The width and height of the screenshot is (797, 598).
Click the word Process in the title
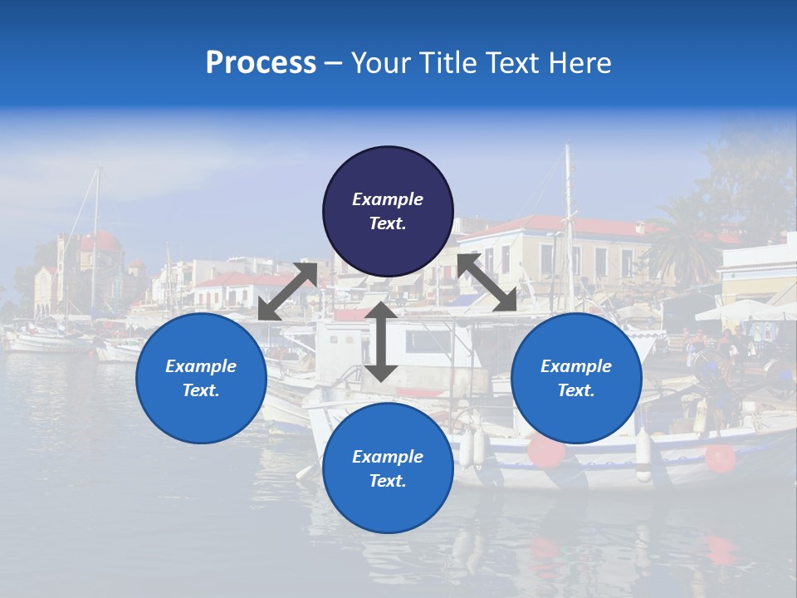pos(261,63)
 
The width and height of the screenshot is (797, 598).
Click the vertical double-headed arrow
pos(380,341)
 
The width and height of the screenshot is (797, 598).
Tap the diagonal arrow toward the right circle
pos(487,282)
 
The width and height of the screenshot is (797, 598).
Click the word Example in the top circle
pos(388,199)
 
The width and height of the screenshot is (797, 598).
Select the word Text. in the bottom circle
pos(388,481)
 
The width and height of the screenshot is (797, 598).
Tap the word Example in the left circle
pos(201,366)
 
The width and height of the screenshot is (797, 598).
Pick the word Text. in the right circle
pos(576,390)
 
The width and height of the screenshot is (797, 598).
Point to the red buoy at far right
pos(720,458)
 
